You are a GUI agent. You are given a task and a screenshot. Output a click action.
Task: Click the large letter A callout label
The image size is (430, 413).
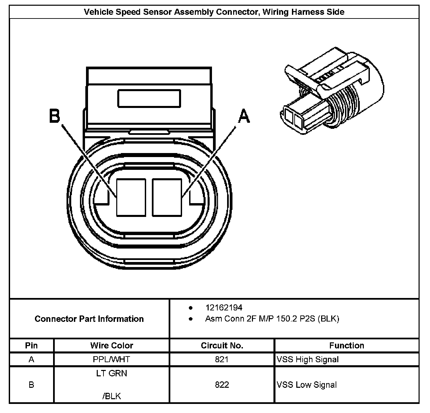pos(244,116)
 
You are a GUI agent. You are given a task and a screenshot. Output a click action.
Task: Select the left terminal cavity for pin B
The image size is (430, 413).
pos(131,197)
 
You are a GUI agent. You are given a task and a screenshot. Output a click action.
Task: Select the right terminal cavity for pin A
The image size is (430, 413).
pos(167,197)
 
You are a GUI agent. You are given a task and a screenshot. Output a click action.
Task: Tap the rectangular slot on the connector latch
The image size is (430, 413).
pos(149,98)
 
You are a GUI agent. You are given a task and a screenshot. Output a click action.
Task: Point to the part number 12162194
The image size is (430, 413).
pos(224,307)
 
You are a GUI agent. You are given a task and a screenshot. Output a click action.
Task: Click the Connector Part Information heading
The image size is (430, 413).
pos(89,319)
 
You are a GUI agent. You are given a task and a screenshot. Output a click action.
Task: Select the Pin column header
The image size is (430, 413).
pos(31,345)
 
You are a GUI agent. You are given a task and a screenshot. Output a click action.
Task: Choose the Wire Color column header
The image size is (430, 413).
pos(112,345)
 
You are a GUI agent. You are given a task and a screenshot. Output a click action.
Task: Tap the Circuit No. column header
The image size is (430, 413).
pos(222,345)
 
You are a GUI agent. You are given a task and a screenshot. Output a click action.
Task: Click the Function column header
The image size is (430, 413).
pos(347,345)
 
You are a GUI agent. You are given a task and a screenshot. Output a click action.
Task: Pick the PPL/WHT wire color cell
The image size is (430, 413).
pos(112,359)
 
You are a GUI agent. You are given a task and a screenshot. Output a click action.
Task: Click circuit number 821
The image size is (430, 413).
pos(222,359)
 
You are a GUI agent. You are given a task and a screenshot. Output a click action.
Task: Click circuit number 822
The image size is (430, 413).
pos(222,385)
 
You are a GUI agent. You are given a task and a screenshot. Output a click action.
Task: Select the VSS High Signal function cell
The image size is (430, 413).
pos(308,359)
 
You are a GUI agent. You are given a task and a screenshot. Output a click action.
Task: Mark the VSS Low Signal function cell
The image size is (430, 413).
pos(307,385)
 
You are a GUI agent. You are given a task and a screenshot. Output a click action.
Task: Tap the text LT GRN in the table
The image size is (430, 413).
pos(112,373)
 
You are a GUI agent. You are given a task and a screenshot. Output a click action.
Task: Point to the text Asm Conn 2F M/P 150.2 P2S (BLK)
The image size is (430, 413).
pos(272,319)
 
